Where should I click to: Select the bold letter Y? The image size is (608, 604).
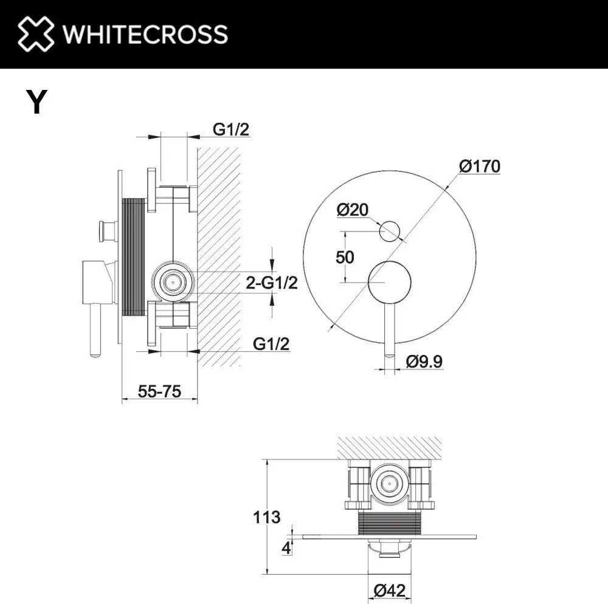(36, 103)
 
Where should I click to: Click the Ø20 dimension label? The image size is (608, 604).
(352, 210)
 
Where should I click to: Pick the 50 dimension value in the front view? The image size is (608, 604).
(345, 256)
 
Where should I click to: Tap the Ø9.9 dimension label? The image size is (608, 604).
(424, 362)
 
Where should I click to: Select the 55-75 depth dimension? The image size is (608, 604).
(159, 392)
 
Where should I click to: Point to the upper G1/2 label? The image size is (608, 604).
(231, 129)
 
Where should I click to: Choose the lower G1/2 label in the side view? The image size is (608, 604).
(271, 343)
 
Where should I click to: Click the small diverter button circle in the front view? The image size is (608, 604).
(389, 233)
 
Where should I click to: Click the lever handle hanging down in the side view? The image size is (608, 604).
(95, 328)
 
